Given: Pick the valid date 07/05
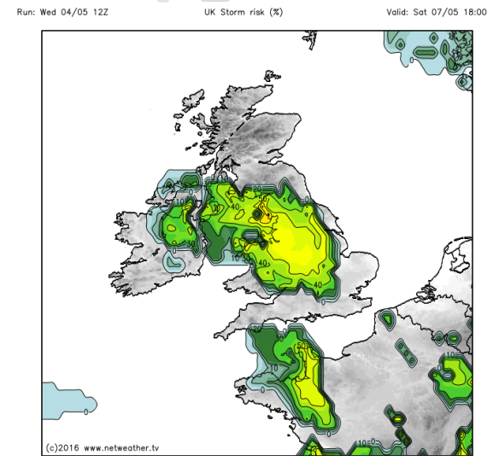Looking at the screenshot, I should click(436, 13).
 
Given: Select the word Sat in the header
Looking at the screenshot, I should click(405, 13).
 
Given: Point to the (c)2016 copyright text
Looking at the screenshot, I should click(62, 447).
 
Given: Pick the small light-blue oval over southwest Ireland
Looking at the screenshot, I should click(177, 264).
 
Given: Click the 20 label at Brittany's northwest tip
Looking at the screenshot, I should click(255, 330).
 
